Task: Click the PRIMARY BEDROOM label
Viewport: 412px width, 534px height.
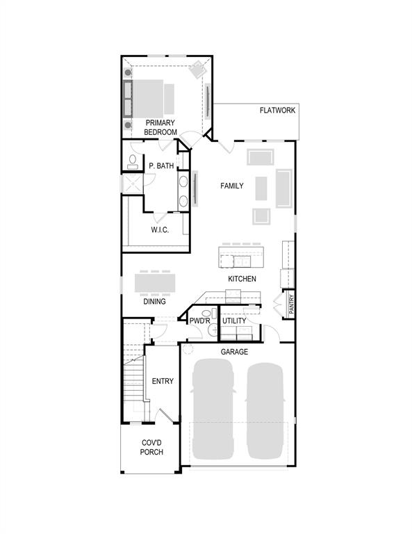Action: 160,127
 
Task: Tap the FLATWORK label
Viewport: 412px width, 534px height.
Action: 277,111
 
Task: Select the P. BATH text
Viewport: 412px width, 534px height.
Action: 161,166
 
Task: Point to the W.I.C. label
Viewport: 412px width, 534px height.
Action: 160,229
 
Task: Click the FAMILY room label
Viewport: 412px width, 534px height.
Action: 232,186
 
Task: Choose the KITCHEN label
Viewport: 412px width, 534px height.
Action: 242,279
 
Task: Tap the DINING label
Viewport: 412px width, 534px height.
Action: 154,302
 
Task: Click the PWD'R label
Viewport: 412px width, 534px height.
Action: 199,321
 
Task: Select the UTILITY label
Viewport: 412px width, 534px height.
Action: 234,321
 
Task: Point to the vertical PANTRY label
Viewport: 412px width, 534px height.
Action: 292,305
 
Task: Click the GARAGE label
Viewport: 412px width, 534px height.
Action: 234,353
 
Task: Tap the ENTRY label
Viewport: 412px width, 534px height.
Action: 163,381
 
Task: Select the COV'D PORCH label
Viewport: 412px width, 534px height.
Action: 152,447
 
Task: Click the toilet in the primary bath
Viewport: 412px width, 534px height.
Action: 132,163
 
